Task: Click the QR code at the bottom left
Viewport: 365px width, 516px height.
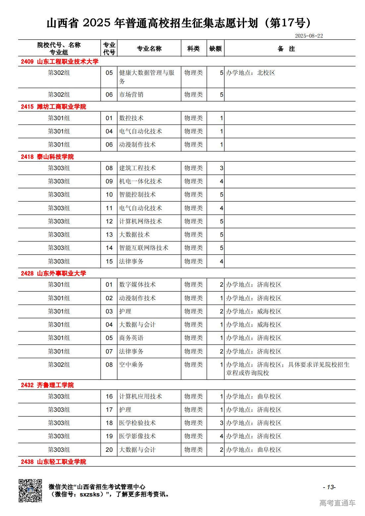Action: pyautogui.click(x=30, y=490)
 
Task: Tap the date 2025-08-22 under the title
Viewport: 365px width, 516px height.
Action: pyautogui.click(x=309, y=36)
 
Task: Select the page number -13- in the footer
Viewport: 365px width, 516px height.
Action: pyautogui.click(x=329, y=487)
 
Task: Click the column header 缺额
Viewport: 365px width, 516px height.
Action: pyautogui.click(x=215, y=49)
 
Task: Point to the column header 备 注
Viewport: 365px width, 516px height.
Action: pyautogui.click(x=286, y=49)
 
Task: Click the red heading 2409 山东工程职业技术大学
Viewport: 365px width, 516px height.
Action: pyautogui.click(x=60, y=62)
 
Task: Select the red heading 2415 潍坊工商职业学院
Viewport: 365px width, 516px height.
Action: pyautogui.click(x=53, y=107)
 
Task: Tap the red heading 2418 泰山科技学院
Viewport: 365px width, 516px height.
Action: pyautogui.click(x=47, y=157)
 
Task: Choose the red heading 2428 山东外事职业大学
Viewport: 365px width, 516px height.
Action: pyautogui.click(x=53, y=273)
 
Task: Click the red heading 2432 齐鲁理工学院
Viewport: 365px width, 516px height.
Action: pyautogui.click(x=47, y=385)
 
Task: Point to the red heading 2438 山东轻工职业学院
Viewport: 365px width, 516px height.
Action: pyautogui.click(x=53, y=462)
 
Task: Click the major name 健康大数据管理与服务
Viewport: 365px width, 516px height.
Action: pyautogui.click(x=147, y=77)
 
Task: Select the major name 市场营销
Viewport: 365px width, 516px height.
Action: pyautogui.click(x=131, y=95)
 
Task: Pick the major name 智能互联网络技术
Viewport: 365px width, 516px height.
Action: pyautogui.click(x=144, y=248)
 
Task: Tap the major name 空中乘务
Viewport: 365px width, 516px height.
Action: pyautogui.click(x=131, y=365)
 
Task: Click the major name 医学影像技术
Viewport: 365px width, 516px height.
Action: pyautogui.click(x=137, y=436)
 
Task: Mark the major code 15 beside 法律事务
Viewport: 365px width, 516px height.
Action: pyautogui.click(x=109, y=261)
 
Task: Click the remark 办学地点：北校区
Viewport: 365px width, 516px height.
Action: pyautogui.click(x=250, y=73)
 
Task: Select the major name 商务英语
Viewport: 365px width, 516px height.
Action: pyautogui.click(x=131, y=338)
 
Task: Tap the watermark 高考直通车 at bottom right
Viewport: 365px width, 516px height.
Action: pyautogui.click(x=337, y=503)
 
